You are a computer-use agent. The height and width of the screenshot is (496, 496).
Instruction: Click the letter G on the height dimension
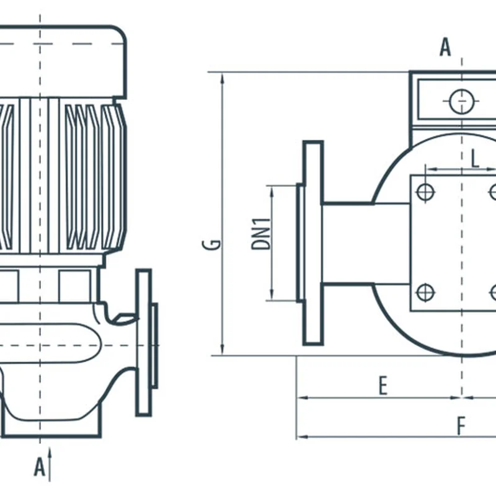(213, 243)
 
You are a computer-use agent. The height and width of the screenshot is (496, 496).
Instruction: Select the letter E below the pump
(383, 386)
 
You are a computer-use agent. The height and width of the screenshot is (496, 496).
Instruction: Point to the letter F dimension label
(461, 426)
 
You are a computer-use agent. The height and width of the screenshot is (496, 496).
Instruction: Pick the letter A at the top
(445, 48)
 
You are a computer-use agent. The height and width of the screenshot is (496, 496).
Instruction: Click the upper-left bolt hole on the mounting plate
(425, 192)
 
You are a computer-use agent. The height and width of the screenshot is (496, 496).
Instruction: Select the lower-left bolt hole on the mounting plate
(425, 291)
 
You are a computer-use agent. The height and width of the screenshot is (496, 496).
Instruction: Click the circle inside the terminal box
(462, 102)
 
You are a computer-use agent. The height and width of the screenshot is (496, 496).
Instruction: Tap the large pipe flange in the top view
(312, 243)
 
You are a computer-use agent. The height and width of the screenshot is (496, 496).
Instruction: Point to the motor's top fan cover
(62, 62)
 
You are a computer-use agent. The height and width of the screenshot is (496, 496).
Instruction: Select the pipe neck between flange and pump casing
(347, 243)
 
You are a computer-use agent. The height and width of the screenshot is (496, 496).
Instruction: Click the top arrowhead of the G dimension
(221, 76)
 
